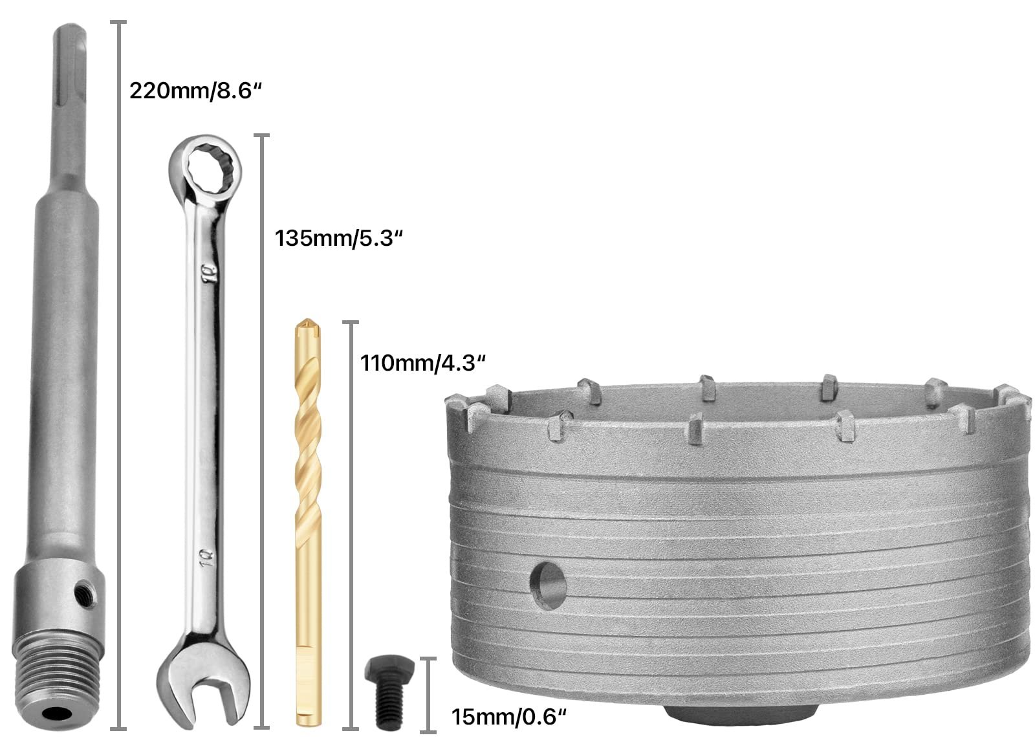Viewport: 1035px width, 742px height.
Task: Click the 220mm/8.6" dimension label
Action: (195, 91)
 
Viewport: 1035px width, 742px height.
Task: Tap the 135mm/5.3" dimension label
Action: (339, 239)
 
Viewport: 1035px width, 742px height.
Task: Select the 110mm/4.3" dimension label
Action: (423, 363)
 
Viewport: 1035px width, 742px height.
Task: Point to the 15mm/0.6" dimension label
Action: (508, 717)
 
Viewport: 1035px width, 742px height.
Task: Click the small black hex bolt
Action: (389, 691)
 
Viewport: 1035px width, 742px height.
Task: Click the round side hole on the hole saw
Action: (549, 586)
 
